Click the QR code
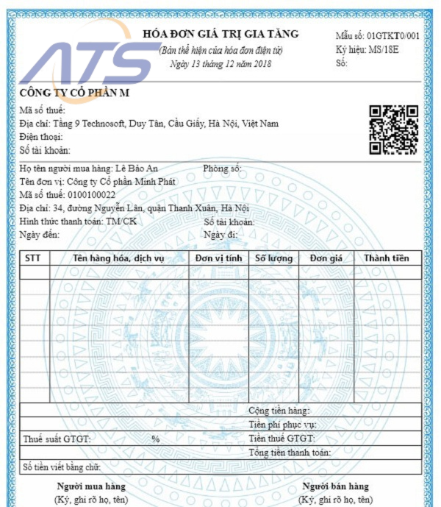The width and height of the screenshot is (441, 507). [x=393, y=130]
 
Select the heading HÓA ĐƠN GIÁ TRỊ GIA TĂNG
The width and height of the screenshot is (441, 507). [x=220, y=34]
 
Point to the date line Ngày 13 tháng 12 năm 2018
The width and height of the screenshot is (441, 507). [x=220, y=64]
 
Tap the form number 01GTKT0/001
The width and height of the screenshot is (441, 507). [x=393, y=36]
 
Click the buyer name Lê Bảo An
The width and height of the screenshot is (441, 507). [x=140, y=169]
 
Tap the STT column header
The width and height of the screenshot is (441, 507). [x=33, y=258]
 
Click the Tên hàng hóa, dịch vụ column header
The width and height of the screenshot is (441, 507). [x=118, y=258]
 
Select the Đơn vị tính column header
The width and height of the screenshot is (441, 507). [x=218, y=258]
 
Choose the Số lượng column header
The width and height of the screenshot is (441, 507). [x=273, y=258]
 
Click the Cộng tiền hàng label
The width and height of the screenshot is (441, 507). [x=279, y=411]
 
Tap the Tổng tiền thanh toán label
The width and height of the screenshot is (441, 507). [x=289, y=453]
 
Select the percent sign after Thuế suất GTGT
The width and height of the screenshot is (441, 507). [x=155, y=439]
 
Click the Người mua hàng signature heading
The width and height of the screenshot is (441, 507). [x=90, y=486]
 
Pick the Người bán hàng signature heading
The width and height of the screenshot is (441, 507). [x=335, y=486]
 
